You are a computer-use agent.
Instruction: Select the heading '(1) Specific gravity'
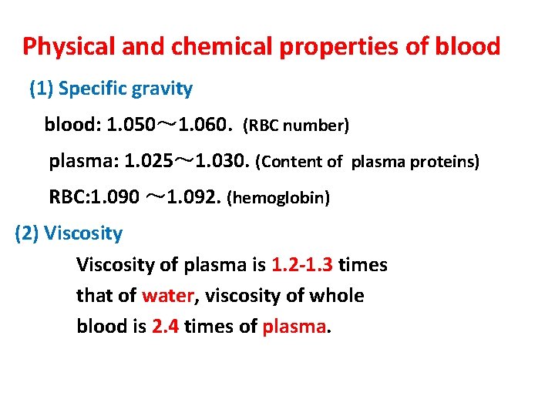tap(110, 89)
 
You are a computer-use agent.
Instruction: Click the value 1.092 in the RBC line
tap(193, 198)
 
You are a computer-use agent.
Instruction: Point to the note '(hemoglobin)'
tap(278, 199)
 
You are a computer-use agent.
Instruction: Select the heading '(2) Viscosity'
tap(69, 233)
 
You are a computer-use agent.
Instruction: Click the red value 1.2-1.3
tap(302, 265)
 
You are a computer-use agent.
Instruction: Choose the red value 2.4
tap(166, 327)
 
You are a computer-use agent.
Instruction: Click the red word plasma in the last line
tap(294, 327)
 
